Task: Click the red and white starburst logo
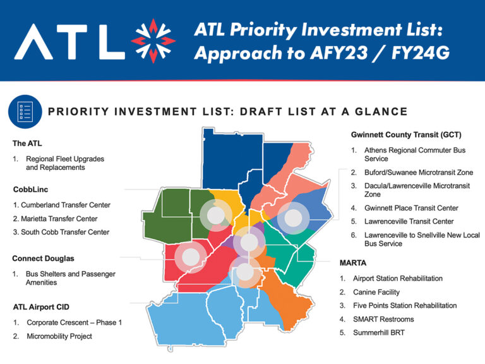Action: point(153,40)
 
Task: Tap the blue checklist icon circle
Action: point(25,111)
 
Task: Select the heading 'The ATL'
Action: point(27,143)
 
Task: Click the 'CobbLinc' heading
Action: point(30,190)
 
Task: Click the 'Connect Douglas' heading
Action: point(44,258)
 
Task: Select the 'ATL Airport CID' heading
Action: point(41,307)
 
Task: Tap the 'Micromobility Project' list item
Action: point(59,336)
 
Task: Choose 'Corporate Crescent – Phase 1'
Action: point(75,322)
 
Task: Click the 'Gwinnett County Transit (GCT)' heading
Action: point(406,135)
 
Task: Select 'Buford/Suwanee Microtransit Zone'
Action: point(419,173)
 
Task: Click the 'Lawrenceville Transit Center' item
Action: point(409,221)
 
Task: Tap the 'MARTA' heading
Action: point(353,263)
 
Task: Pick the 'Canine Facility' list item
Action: point(376,292)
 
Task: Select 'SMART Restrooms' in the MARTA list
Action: point(383,319)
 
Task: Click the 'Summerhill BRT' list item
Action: point(379,333)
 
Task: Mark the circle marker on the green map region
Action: point(215,215)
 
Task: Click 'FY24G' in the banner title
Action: point(421,53)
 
